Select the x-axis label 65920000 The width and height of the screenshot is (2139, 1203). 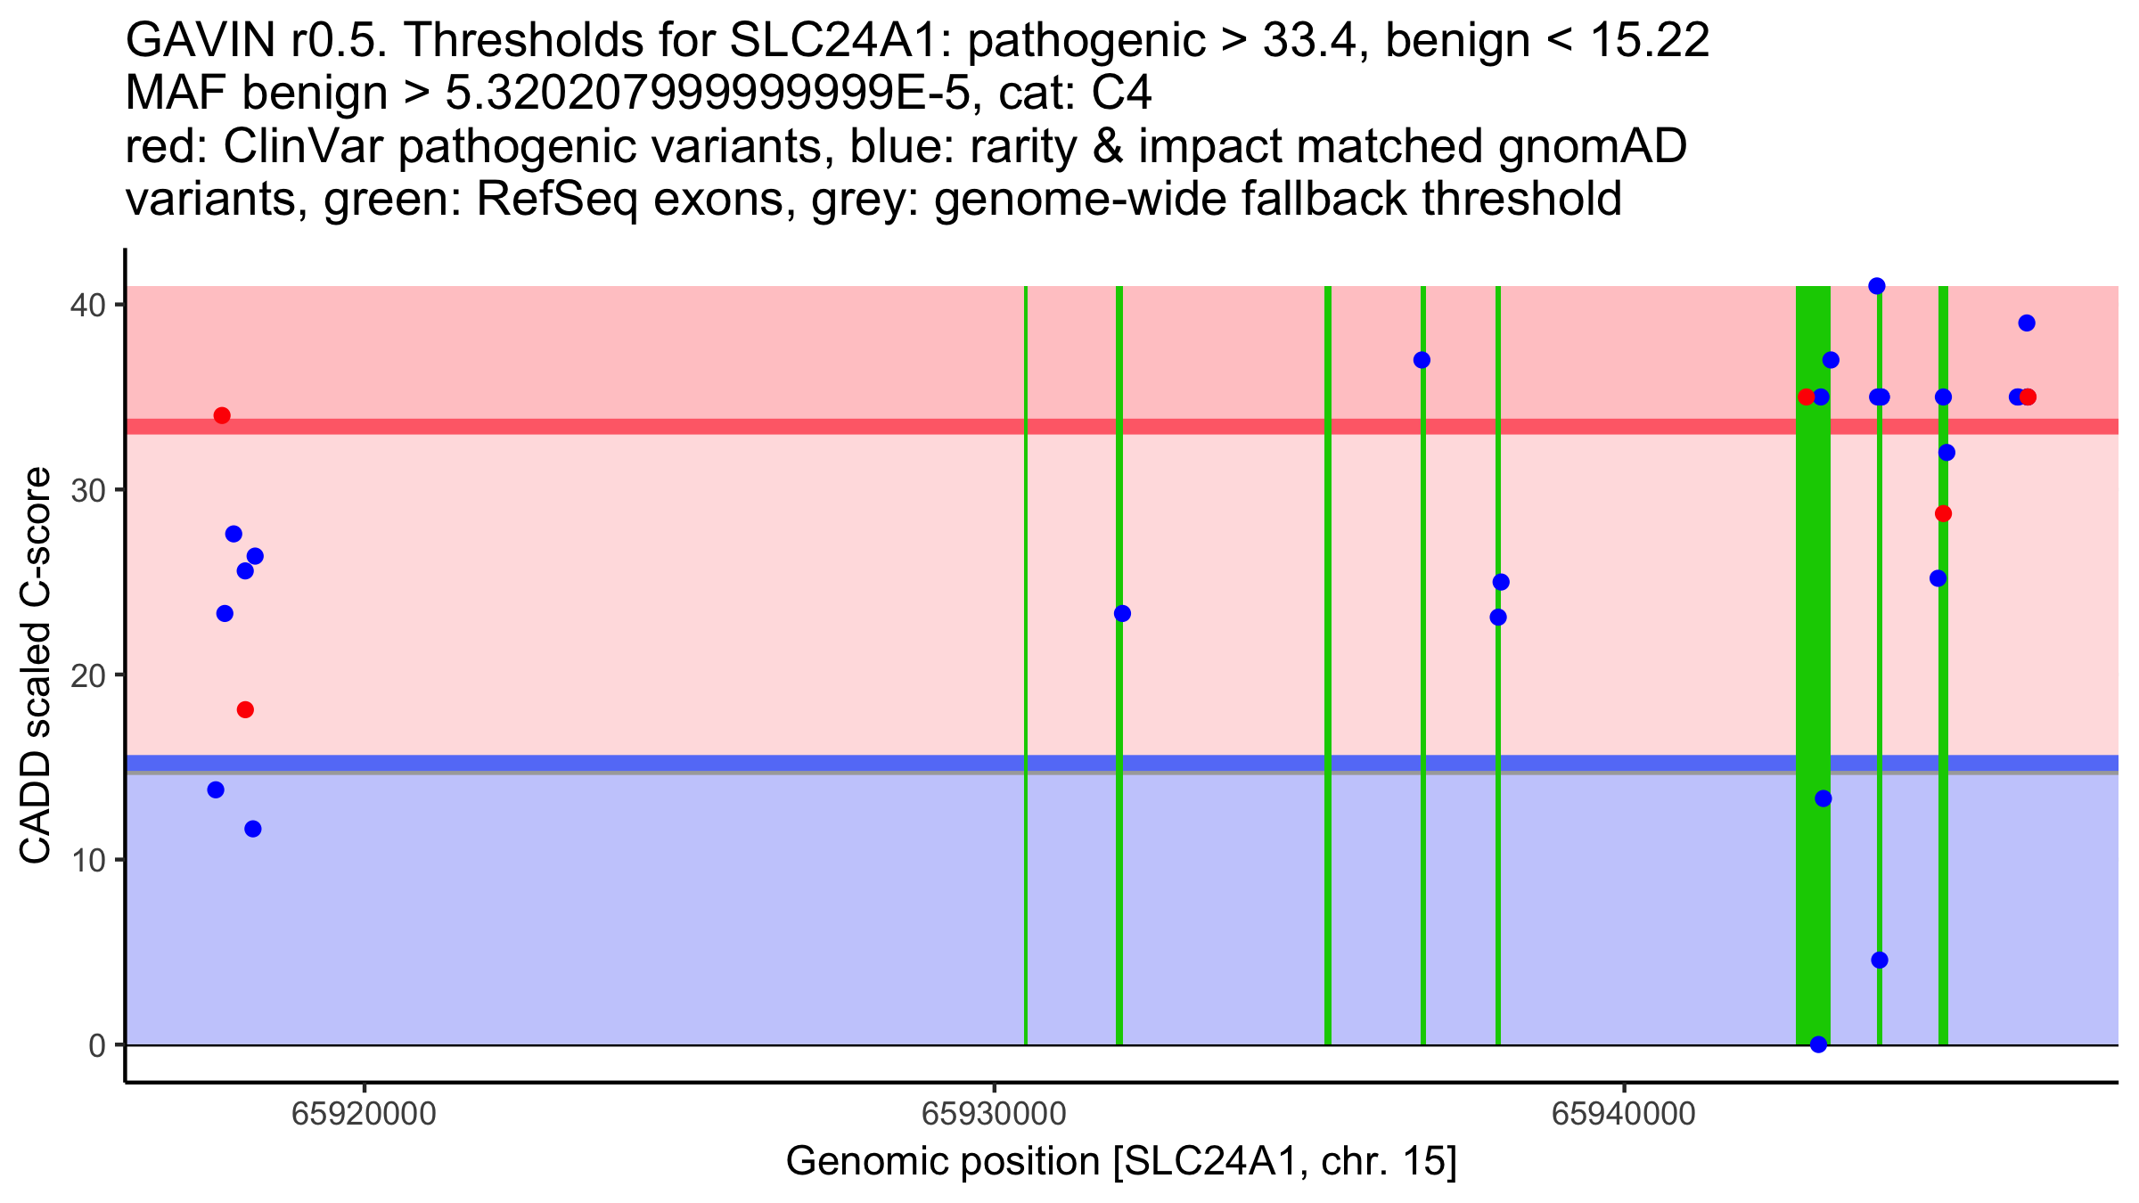click(364, 1113)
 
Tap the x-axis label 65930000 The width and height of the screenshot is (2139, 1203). click(994, 1113)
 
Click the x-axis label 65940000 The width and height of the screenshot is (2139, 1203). click(1624, 1113)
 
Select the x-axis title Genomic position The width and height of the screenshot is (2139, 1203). click(1121, 1162)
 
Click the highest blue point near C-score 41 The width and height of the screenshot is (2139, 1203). click(1876, 286)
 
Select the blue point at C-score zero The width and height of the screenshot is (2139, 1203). click(1818, 1044)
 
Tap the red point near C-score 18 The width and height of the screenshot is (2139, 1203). click(245, 710)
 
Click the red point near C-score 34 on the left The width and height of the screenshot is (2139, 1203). click(222, 416)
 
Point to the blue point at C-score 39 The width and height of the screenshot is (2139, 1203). click(2027, 323)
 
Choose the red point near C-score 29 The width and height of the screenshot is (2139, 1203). click(1943, 514)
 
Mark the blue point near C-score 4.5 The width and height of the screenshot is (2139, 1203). click(1880, 960)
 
